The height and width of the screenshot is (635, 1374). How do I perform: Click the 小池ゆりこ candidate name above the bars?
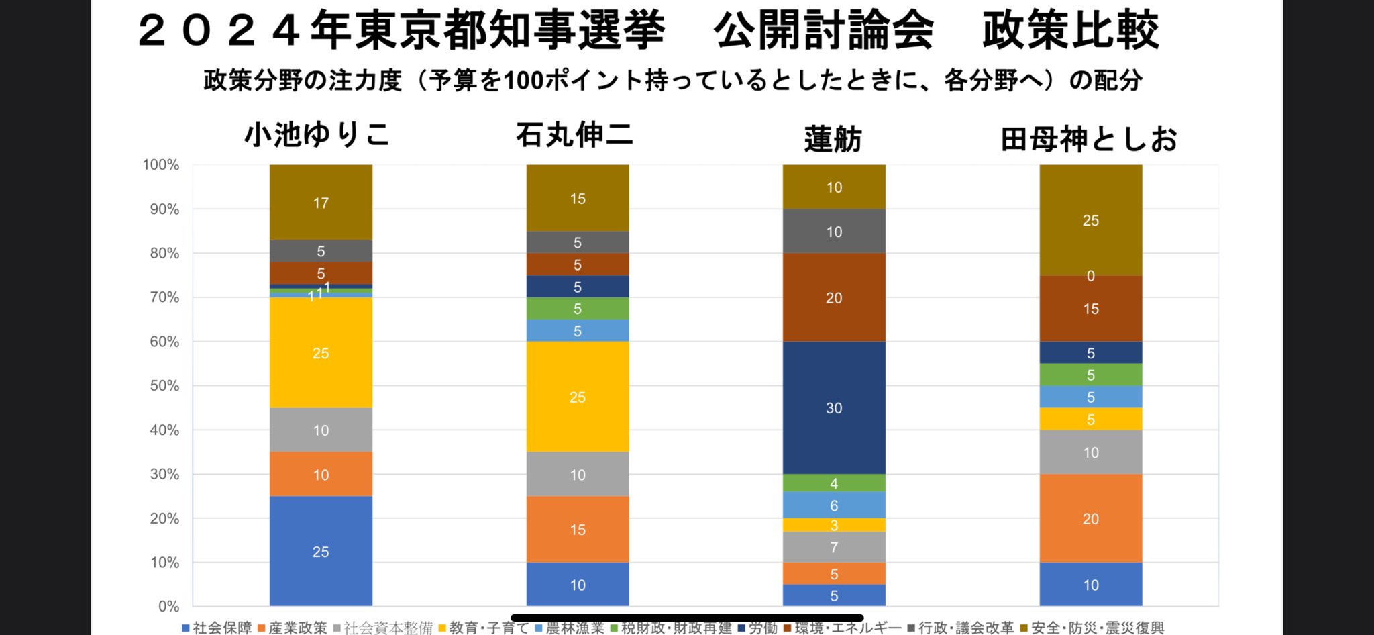[x=317, y=134]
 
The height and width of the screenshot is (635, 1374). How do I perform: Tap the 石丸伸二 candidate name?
[x=574, y=135]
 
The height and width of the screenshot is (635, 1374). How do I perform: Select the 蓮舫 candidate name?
[x=833, y=139]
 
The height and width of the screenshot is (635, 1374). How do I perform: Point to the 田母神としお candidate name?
[x=1090, y=139]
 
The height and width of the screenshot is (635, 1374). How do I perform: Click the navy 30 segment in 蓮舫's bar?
[x=834, y=407]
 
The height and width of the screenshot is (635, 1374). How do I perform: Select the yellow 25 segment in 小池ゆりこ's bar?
[x=321, y=353]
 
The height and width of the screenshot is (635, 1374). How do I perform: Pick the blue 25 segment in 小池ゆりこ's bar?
[x=321, y=551]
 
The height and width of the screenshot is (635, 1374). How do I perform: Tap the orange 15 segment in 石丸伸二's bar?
[x=578, y=529]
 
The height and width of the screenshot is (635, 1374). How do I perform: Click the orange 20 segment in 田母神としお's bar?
[x=1091, y=518]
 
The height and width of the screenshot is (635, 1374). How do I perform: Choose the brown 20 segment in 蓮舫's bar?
[x=834, y=297]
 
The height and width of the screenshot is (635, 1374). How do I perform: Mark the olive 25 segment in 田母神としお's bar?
[x=1091, y=220]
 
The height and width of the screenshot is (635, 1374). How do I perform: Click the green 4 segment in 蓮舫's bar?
[x=834, y=483]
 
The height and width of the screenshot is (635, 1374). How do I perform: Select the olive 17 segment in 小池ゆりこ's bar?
[x=321, y=203]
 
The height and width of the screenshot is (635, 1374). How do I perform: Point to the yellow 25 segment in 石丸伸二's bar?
[x=578, y=397]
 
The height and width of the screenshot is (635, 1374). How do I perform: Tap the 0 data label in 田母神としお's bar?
[x=1091, y=276]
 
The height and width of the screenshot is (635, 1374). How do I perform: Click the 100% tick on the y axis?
[x=161, y=165]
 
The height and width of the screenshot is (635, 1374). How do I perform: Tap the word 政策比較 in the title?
[x=1070, y=30]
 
